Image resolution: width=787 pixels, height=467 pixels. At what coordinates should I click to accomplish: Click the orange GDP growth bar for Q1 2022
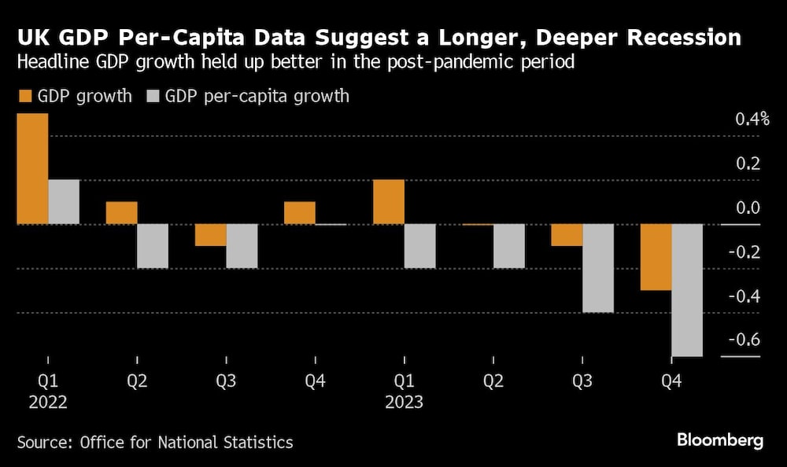pos(32,169)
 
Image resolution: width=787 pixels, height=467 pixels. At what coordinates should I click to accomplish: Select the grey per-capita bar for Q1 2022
pos(64,202)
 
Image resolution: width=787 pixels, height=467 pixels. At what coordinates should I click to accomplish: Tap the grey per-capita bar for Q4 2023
pos(686,290)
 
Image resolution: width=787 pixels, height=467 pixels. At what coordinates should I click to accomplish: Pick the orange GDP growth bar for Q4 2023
pos(656,257)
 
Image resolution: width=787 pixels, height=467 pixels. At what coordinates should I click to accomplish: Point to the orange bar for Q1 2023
pos(389,202)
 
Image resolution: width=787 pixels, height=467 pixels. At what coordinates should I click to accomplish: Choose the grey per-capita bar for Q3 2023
pos(597,268)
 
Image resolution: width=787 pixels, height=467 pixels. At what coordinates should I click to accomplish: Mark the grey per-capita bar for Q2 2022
pos(153,246)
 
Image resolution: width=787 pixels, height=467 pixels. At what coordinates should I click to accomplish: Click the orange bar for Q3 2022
pos(210,235)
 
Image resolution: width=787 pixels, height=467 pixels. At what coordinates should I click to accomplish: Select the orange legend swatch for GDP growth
pos(25,97)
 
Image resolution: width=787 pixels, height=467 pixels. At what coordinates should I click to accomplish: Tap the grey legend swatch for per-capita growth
pos(153,97)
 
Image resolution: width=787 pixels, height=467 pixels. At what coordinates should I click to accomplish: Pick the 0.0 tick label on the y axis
pos(745,208)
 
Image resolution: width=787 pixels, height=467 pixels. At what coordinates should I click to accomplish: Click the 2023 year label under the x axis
pos(404,402)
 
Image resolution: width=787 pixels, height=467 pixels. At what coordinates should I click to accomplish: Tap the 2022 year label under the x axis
pos(48,402)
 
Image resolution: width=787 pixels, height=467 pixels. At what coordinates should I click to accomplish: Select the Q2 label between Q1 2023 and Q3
pos(493,381)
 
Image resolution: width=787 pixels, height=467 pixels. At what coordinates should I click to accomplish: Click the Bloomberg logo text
pos(719,440)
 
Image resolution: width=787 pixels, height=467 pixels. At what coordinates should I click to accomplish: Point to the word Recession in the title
pos(674,37)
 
